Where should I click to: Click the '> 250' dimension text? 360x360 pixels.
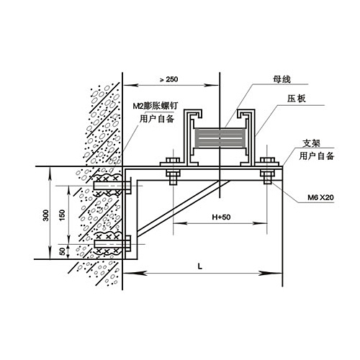[169, 79]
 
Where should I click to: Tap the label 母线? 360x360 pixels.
[282, 79]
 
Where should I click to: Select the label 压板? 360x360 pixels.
[297, 99]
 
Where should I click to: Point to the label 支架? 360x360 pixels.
[312, 143]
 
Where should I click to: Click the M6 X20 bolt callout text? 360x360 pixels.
[320, 197]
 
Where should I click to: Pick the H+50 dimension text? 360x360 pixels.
[221, 217]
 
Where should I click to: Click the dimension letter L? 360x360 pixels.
[200, 266]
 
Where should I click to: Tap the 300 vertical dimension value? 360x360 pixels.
[45, 215]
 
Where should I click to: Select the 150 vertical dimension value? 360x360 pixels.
[62, 215]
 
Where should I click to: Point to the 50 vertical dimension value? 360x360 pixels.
[62, 251]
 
